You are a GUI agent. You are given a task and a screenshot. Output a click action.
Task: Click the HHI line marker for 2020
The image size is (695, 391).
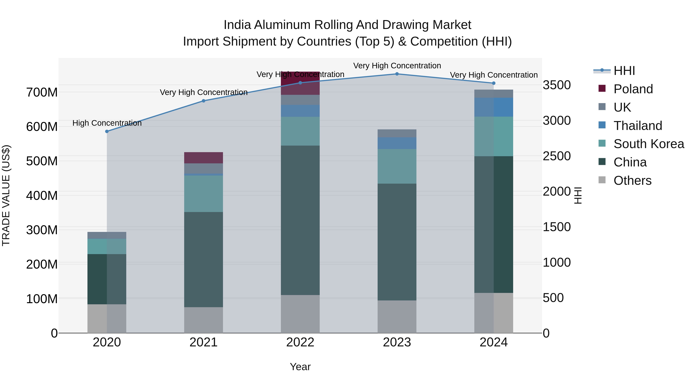107,131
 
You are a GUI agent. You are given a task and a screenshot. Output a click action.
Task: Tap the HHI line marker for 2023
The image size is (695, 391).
397,74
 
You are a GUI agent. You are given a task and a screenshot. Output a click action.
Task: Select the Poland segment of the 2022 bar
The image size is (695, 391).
300,83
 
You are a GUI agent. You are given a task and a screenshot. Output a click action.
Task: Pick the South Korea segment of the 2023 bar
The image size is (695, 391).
397,166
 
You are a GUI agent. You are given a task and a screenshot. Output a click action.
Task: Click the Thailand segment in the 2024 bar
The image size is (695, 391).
494,107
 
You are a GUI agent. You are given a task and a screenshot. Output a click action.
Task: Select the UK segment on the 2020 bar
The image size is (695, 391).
107,235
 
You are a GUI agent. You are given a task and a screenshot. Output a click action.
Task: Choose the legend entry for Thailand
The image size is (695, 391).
638,126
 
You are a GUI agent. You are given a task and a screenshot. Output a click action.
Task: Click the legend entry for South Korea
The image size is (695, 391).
649,144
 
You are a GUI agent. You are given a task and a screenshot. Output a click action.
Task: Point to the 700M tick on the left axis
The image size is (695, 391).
42,92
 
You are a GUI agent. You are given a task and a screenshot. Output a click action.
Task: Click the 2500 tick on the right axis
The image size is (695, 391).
557,156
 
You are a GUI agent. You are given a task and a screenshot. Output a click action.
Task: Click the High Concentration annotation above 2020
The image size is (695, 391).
107,123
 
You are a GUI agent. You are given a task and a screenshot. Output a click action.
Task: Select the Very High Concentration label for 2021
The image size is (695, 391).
203,92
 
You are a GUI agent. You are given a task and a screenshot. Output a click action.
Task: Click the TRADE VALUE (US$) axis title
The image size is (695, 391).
6,195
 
